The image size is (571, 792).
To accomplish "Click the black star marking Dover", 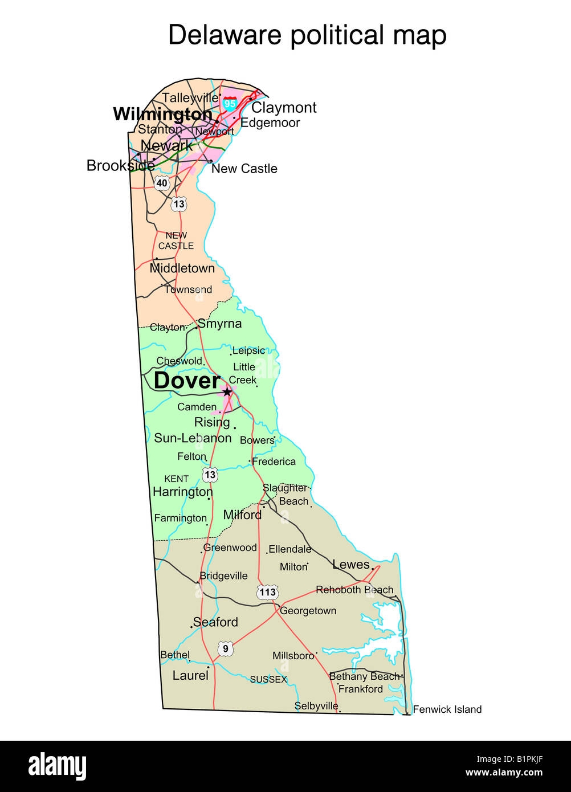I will click(x=227, y=392).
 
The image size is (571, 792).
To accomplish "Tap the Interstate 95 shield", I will click(x=230, y=104).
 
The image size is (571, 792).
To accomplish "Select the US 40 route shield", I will click(x=162, y=183).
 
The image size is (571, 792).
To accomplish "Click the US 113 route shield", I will click(x=267, y=592).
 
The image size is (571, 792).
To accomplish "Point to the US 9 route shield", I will click(x=225, y=648).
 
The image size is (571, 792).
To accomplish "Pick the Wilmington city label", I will click(x=162, y=115).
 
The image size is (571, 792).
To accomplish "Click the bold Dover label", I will click(x=187, y=381).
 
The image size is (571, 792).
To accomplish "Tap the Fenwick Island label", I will click(x=447, y=709).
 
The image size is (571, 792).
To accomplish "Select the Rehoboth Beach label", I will click(x=354, y=590).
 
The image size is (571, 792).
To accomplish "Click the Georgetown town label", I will click(x=308, y=611).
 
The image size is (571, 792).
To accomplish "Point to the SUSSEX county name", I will click(x=268, y=680).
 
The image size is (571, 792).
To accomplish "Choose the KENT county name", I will click(x=176, y=479).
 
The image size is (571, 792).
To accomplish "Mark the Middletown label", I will click(x=182, y=268).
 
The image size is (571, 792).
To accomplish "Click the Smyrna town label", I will click(x=219, y=324).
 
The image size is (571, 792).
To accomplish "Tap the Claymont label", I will click(x=284, y=108).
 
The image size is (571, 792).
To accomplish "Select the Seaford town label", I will click(x=215, y=622).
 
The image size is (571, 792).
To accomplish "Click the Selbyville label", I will click(x=316, y=706).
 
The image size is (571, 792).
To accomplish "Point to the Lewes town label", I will click(x=351, y=565).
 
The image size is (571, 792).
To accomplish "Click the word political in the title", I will click(x=344, y=35).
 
